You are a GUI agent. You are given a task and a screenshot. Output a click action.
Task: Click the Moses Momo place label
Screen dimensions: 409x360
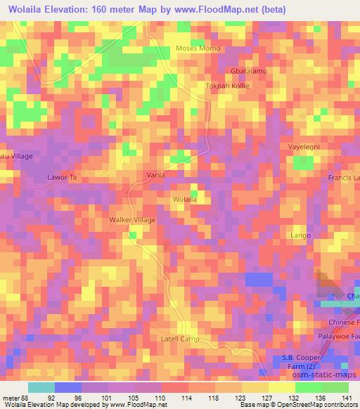coord(198,48)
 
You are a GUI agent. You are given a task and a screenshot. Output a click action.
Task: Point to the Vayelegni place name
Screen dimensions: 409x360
coord(304,146)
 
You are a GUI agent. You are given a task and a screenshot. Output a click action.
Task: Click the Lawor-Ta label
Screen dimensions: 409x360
coord(61,177)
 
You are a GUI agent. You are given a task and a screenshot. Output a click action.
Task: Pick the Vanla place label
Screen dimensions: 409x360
coord(155,174)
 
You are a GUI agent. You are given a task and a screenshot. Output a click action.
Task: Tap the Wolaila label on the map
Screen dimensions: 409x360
coord(184,200)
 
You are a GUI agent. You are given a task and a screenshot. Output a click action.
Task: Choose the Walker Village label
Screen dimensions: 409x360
coord(131,220)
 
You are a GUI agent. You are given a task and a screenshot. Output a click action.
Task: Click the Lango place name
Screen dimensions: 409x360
coord(301,234)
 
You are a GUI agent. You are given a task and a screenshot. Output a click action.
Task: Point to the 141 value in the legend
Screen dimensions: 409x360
coord(347,397)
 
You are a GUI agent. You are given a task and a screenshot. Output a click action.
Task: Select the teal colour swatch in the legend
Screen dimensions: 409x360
coord(41,387)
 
